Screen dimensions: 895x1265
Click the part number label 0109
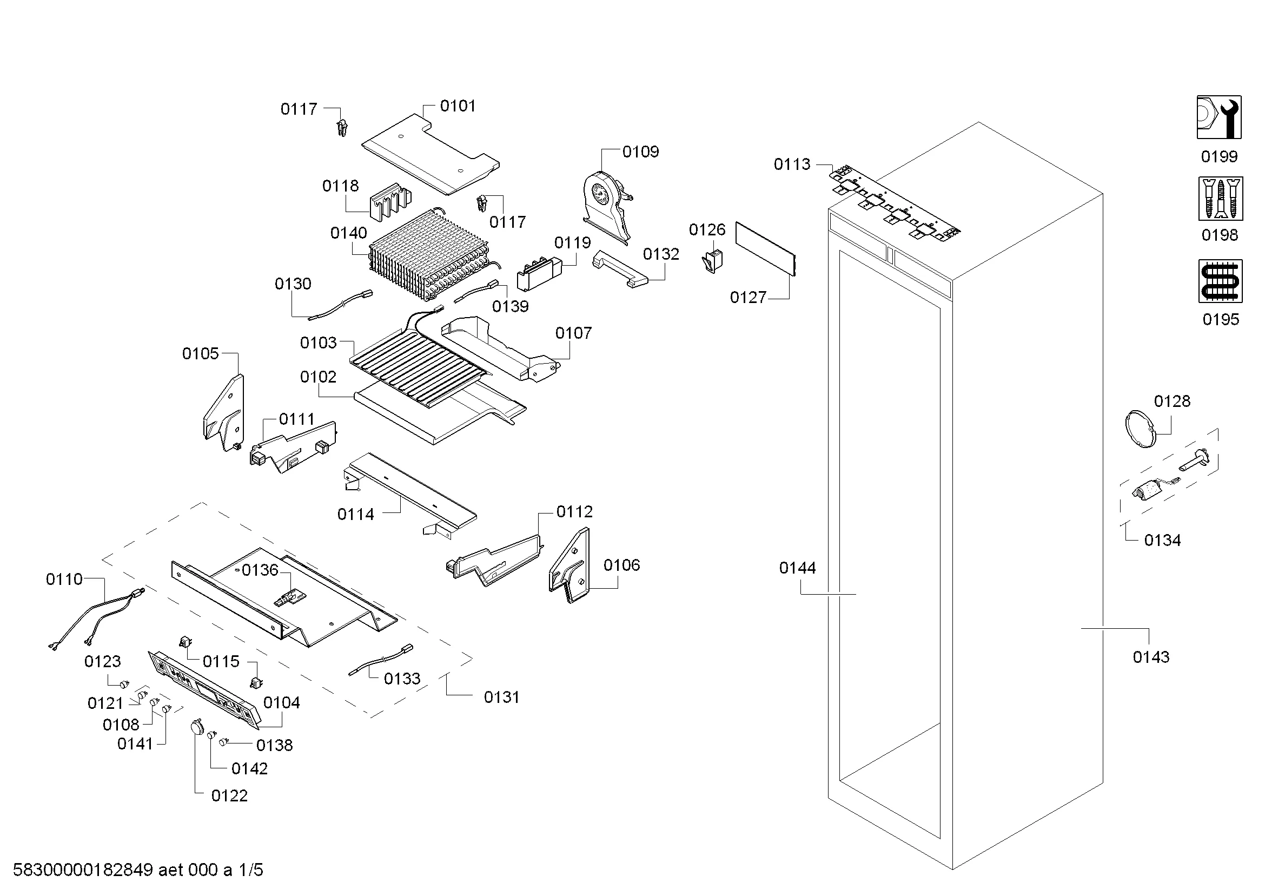point(640,152)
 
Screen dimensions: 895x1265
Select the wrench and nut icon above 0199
point(1218,117)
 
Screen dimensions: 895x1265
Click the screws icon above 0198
point(1220,199)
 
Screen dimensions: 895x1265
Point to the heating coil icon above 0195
point(1220,280)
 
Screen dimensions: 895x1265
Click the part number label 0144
point(797,568)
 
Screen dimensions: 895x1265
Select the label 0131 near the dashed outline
point(501,697)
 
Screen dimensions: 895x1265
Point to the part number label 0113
point(792,164)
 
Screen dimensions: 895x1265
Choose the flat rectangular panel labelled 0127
point(766,248)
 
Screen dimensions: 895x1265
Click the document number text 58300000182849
point(83,870)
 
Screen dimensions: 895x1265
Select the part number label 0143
point(1150,657)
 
